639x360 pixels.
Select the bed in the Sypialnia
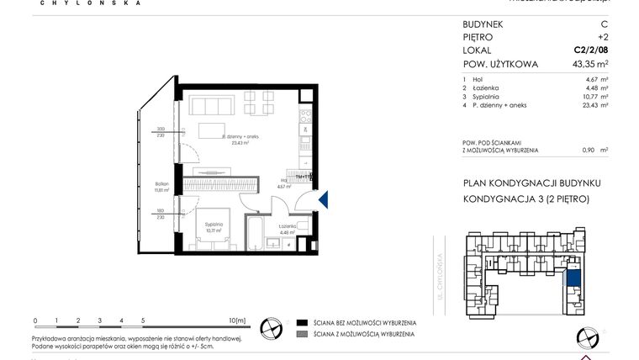pyautogui.click(x=214, y=234)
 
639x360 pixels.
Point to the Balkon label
pyautogui.click(x=161, y=184)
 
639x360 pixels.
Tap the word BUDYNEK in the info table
pyautogui.click(x=487, y=24)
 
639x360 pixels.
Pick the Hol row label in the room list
pyautogui.click(x=478, y=79)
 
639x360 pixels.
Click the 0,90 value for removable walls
pyautogui.click(x=593, y=150)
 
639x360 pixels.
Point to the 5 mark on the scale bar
pyautogui.click(x=143, y=320)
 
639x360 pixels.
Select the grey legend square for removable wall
pyautogui.click(x=302, y=335)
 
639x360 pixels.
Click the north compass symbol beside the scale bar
pyautogui.click(x=272, y=327)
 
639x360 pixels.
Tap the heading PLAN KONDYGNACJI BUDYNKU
pyautogui.click(x=532, y=183)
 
